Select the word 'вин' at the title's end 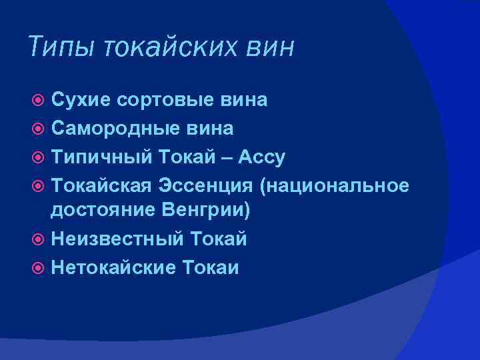tap(269, 47)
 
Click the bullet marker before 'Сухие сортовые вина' tap(38, 101)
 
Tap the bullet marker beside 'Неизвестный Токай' tap(38, 239)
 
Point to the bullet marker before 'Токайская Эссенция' tap(38, 185)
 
